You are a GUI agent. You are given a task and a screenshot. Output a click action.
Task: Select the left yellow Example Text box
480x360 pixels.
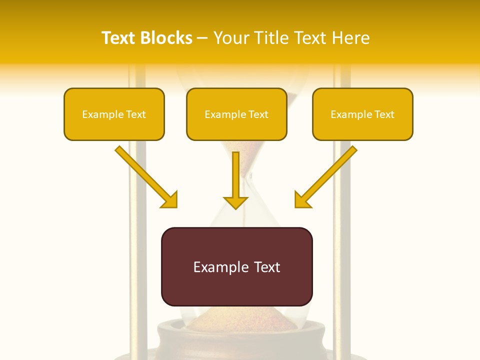(x=114, y=114)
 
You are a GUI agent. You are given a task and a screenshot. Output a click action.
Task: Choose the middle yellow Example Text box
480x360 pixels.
(x=236, y=114)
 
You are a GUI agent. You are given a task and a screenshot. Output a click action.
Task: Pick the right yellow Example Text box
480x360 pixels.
(x=362, y=114)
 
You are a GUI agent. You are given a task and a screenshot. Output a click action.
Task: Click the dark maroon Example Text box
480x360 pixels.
(x=236, y=267)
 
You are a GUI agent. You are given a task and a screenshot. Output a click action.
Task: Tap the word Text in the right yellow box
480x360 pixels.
(x=384, y=114)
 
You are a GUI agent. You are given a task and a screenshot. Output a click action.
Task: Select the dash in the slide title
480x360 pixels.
(x=202, y=38)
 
